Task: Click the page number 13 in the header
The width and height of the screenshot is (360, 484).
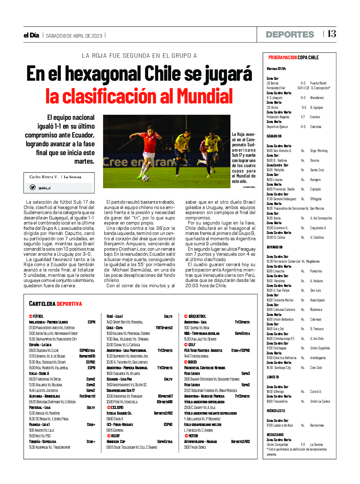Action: (332, 34)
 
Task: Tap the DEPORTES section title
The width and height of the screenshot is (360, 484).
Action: (290, 34)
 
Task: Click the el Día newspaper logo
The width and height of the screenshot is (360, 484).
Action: (31, 35)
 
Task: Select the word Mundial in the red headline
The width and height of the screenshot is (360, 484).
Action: (204, 96)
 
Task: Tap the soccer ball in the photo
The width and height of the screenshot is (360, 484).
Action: (145, 178)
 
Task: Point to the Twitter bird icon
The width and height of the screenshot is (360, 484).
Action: (32, 187)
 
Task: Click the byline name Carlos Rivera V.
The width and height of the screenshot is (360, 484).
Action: (44, 177)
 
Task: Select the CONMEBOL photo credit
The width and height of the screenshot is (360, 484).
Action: (249, 187)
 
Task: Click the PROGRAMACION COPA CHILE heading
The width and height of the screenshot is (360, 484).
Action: (293, 57)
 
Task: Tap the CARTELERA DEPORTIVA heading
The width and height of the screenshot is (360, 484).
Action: (55, 304)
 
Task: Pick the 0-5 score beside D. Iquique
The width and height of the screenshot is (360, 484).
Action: (304, 108)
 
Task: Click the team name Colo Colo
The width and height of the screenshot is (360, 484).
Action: (316, 368)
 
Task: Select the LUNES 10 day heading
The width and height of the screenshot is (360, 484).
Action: (273, 377)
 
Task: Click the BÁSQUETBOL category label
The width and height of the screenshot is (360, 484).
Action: (197, 316)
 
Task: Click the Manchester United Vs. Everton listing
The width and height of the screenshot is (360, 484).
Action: (52, 328)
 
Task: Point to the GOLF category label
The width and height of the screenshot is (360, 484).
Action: (192, 345)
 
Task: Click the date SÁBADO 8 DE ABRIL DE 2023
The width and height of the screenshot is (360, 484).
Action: (74, 36)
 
